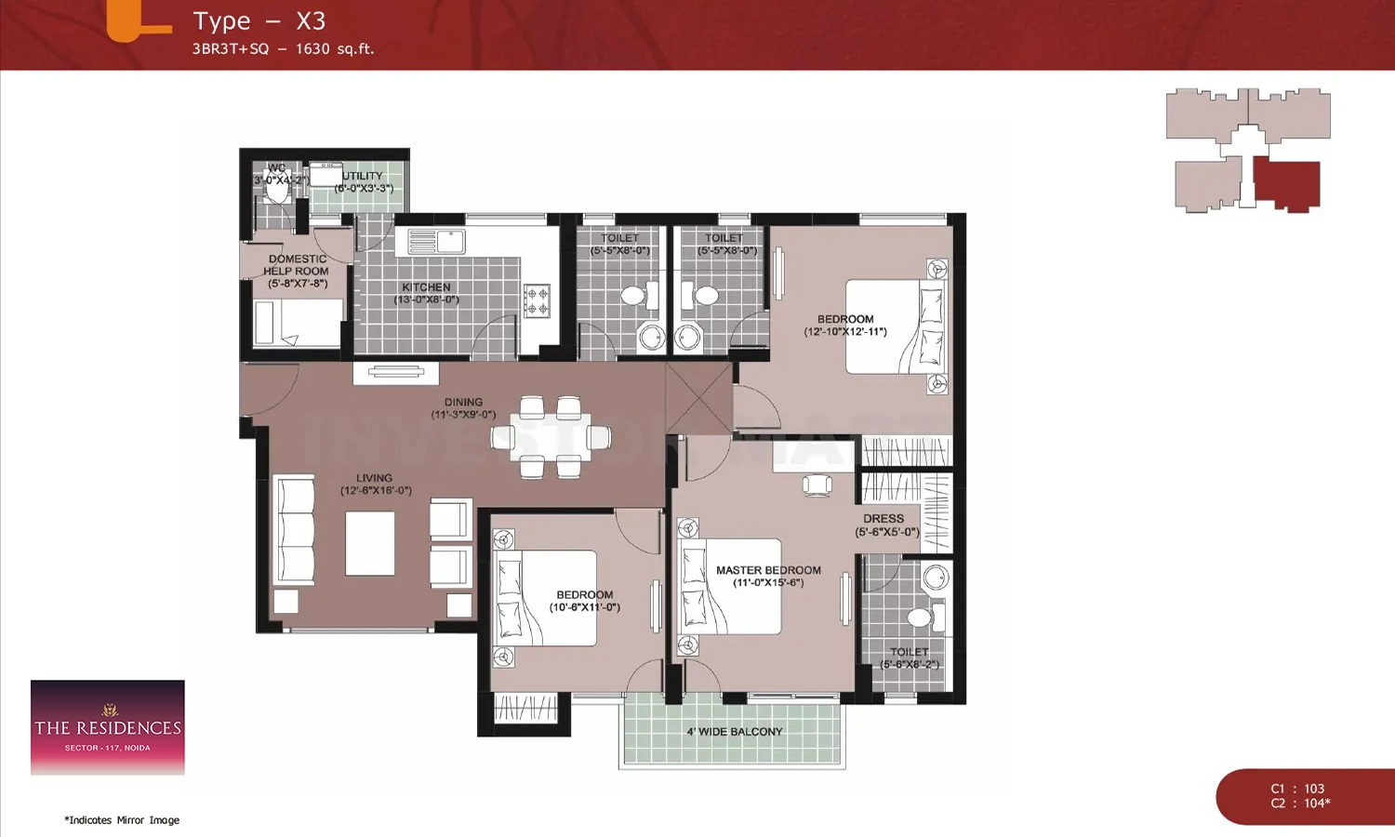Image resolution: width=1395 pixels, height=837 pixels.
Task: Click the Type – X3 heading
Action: pyautogui.click(x=259, y=21)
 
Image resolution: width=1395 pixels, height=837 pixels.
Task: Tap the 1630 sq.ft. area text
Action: pyautogui.click(x=335, y=49)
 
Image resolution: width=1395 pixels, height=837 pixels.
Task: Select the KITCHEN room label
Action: pyautogui.click(x=426, y=287)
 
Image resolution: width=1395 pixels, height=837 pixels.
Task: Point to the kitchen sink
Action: pyautogui.click(x=436, y=242)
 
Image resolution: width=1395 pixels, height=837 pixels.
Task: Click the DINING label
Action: pyautogui.click(x=463, y=403)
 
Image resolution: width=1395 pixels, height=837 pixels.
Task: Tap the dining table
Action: pyautogui.click(x=550, y=437)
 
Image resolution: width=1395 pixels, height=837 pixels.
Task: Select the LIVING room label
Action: pyautogui.click(x=374, y=478)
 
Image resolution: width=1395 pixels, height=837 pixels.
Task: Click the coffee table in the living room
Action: pyautogui.click(x=370, y=544)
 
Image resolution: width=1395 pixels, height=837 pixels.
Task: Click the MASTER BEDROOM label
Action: pyautogui.click(x=768, y=570)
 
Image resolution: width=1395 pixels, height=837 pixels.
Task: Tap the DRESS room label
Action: pyautogui.click(x=883, y=519)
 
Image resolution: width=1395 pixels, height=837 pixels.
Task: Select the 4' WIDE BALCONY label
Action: pyautogui.click(x=735, y=732)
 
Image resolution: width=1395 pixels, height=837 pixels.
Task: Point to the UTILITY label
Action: pyautogui.click(x=362, y=176)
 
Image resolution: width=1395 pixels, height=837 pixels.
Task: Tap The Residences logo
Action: pyautogui.click(x=108, y=727)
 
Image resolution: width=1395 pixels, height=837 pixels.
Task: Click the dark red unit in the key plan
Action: pyautogui.click(x=1286, y=184)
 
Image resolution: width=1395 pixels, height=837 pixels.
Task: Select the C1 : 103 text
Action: pyautogui.click(x=1297, y=789)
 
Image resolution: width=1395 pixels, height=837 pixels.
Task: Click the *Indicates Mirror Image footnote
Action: pyautogui.click(x=122, y=820)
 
